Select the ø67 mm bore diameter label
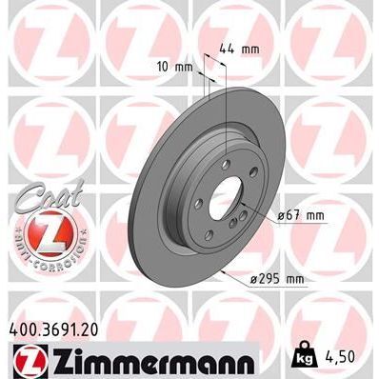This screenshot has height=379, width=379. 301,215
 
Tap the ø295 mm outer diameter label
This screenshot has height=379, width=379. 277,278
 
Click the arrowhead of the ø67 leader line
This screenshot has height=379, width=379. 249,210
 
